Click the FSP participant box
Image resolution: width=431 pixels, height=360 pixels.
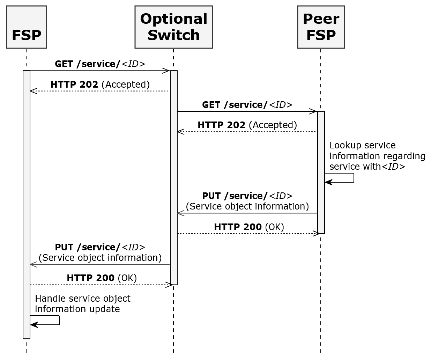tap(26, 27)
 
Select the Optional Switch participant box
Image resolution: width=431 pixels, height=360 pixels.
tap(173, 27)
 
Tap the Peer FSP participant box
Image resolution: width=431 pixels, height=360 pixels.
tap(321, 27)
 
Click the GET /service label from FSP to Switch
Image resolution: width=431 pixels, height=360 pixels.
tap(100, 64)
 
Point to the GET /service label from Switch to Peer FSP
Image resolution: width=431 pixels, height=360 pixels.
tap(247, 105)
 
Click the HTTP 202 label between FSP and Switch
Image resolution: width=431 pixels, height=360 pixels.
tap(100, 85)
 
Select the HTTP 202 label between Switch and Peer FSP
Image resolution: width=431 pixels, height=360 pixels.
tap(247, 125)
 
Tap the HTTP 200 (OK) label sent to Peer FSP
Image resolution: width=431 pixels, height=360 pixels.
tap(249, 227)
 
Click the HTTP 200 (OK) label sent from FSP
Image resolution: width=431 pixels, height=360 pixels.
tap(102, 278)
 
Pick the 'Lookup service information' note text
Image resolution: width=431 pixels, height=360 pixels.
tap(377, 156)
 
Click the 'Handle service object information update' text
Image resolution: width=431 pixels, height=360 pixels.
tap(82, 304)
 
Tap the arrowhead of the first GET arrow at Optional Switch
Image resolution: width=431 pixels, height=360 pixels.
tap(166, 71)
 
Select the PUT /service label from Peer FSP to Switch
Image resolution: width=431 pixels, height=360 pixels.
tap(247, 201)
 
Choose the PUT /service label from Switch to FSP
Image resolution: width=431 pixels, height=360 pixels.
tap(100, 252)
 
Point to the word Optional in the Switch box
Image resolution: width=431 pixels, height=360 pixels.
tap(173, 19)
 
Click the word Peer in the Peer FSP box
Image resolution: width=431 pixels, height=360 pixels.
tap(321, 19)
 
